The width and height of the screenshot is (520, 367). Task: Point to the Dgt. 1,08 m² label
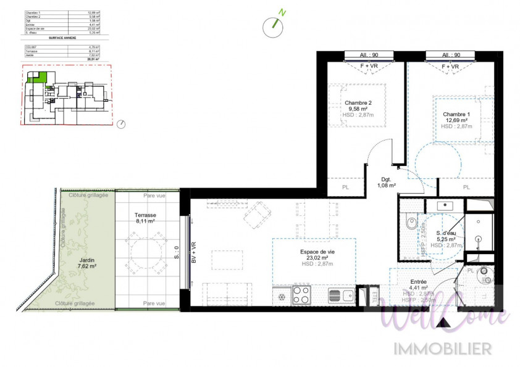(x=387, y=181)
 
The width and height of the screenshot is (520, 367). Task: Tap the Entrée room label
(x=417, y=282)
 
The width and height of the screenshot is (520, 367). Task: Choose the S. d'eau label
(x=445, y=233)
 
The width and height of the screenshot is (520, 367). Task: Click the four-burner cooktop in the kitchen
(x=301, y=295)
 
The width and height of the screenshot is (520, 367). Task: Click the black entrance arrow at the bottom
(x=442, y=322)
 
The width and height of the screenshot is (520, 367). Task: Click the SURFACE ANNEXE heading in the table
(x=62, y=38)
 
